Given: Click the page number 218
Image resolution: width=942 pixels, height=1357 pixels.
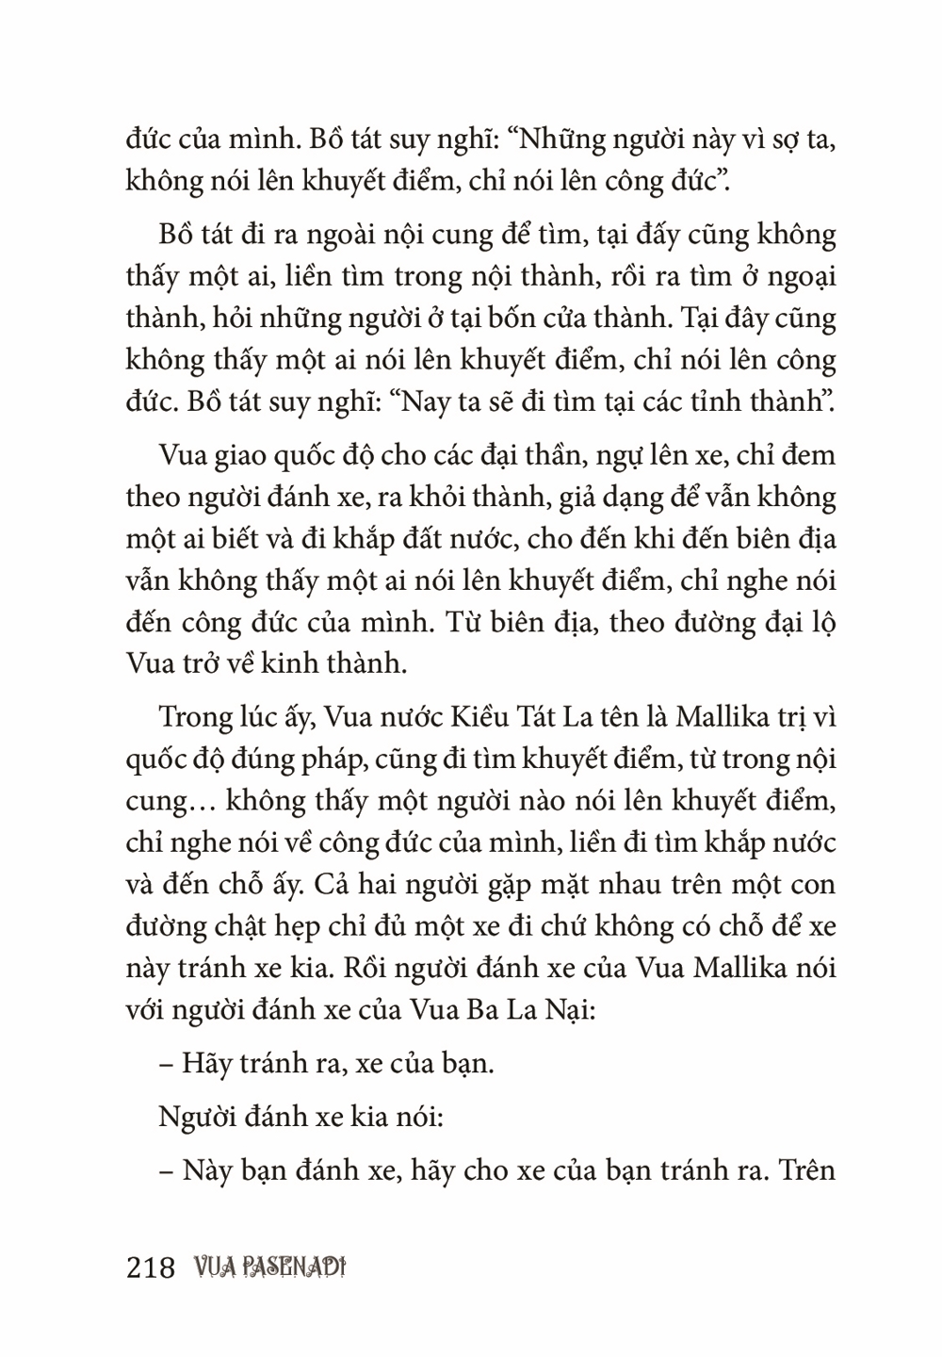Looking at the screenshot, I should tap(151, 1268).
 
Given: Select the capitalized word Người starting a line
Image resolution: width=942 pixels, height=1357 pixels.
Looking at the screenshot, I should tap(195, 1118).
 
